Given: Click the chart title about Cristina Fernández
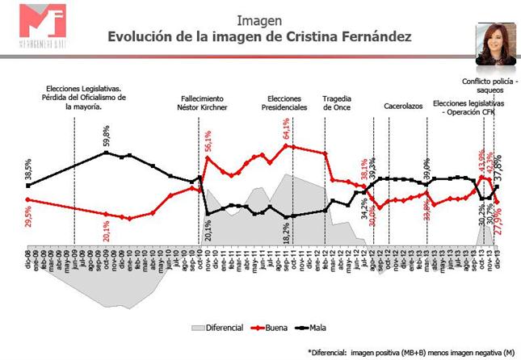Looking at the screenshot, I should (x=260, y=37).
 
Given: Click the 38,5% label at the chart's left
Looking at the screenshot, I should (x=28, y=170).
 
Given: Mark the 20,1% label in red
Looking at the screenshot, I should (x=107, y=228).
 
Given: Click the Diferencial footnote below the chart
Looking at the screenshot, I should (x=412, y=352).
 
